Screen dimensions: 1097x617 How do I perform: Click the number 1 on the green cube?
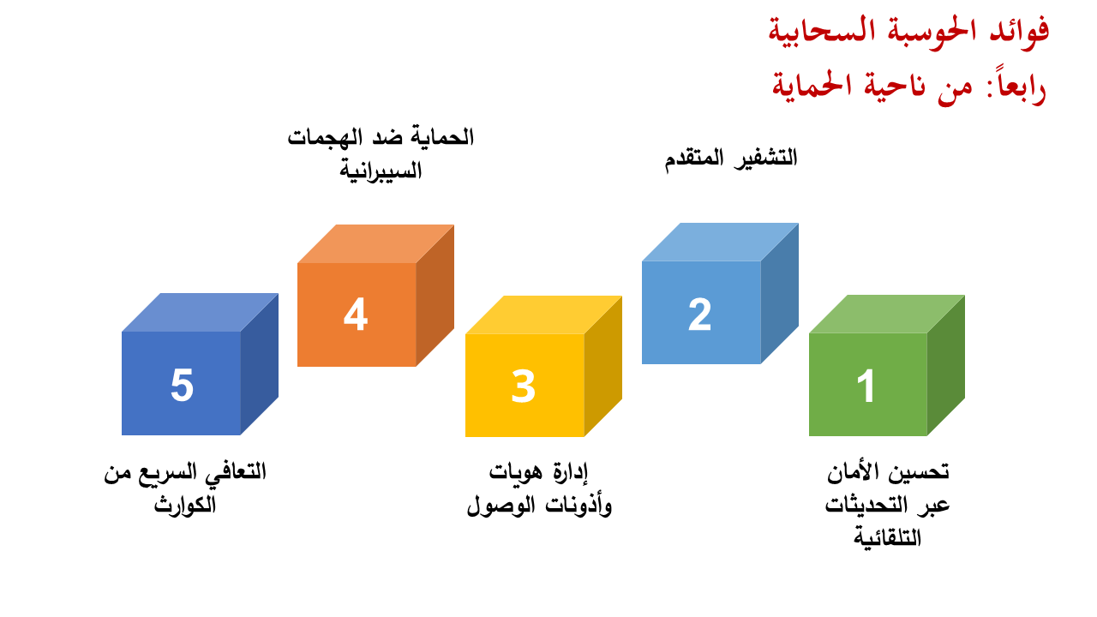866,386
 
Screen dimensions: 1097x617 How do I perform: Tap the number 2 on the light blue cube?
699,314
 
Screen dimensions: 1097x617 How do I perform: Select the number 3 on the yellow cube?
523,386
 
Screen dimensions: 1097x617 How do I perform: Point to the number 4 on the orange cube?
356,314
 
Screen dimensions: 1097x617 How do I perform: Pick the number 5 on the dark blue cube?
183,386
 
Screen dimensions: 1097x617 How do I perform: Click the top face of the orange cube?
375,244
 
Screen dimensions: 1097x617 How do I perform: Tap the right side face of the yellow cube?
602,366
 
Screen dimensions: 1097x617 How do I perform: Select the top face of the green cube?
887,314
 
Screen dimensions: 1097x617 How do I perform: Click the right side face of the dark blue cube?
260,364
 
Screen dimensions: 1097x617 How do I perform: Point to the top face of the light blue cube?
720,243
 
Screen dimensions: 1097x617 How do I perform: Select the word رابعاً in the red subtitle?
1017,86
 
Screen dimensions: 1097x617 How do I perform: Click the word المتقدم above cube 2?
694,159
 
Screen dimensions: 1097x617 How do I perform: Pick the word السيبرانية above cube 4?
381,171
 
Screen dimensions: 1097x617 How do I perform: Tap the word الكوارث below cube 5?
185,505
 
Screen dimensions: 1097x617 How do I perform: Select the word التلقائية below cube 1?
887,538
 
